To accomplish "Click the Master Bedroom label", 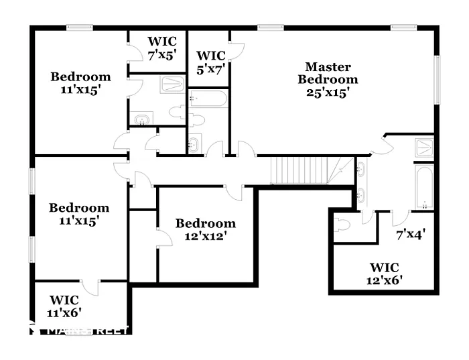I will tap(328, 73).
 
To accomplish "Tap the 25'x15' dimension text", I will tap(328, 93).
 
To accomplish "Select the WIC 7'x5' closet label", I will tap(162, 48).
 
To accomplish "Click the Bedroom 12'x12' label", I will tap(205, 229).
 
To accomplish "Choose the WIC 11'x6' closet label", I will tap(64, 305).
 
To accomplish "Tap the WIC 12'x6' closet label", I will tap(385, 274).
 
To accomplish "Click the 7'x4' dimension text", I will tap(411, 235).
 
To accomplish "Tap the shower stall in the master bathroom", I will tap(423, 147).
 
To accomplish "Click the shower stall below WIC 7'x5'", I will tap(172, 84).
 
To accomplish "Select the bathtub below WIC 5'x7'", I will tap(208, 99).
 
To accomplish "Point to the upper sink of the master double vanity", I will tap(361, 169).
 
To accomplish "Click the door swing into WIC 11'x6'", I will tap(92, 287).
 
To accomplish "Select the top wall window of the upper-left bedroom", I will tap(79, 27).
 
